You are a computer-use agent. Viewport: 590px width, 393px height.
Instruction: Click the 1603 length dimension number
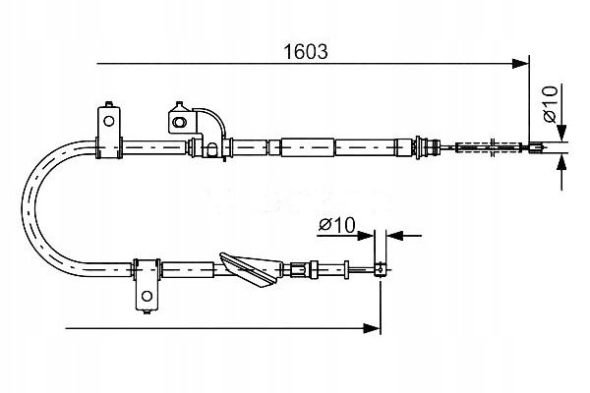click(x=306, y=52)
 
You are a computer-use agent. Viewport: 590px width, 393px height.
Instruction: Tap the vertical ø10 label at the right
click(x=550, y=104)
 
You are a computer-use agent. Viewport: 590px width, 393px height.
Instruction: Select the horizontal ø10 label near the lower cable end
click(x=336, y=225)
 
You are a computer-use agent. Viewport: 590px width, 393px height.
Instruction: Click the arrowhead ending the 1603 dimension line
click(x=521, y=64)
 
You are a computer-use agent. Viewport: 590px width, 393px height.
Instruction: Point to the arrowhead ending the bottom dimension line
click(x=372, y=328)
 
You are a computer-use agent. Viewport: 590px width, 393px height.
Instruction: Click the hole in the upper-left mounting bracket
click(x=109, y=121)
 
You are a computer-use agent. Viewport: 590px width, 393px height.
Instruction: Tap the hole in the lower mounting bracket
click(x=147, y=296)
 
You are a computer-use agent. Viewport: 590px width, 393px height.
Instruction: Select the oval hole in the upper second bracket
click(x=178, y=122)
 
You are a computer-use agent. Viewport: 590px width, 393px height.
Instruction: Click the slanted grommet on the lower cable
click(x=251, y=269)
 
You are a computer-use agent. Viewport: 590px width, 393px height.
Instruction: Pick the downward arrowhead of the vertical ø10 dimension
click(x=561, y=133)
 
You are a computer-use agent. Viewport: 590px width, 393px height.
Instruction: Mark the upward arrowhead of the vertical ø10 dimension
click(x=561, y=165)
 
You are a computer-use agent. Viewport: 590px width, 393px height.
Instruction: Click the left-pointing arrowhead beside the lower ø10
click(x=394, y=236)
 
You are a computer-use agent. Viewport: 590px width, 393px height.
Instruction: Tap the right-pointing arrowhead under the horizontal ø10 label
click(x=365, y=236)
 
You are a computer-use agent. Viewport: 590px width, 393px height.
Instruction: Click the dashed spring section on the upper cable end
click(x=489, y=147)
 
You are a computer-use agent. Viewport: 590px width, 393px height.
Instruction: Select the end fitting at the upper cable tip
click(x=536, y=147)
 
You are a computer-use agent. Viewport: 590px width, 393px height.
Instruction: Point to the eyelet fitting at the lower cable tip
click(x=380, y=269)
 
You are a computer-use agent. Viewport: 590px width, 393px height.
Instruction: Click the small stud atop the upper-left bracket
click(x=109, y=104)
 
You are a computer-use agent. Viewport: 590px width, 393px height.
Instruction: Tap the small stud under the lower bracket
click(x=147, y=311)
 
